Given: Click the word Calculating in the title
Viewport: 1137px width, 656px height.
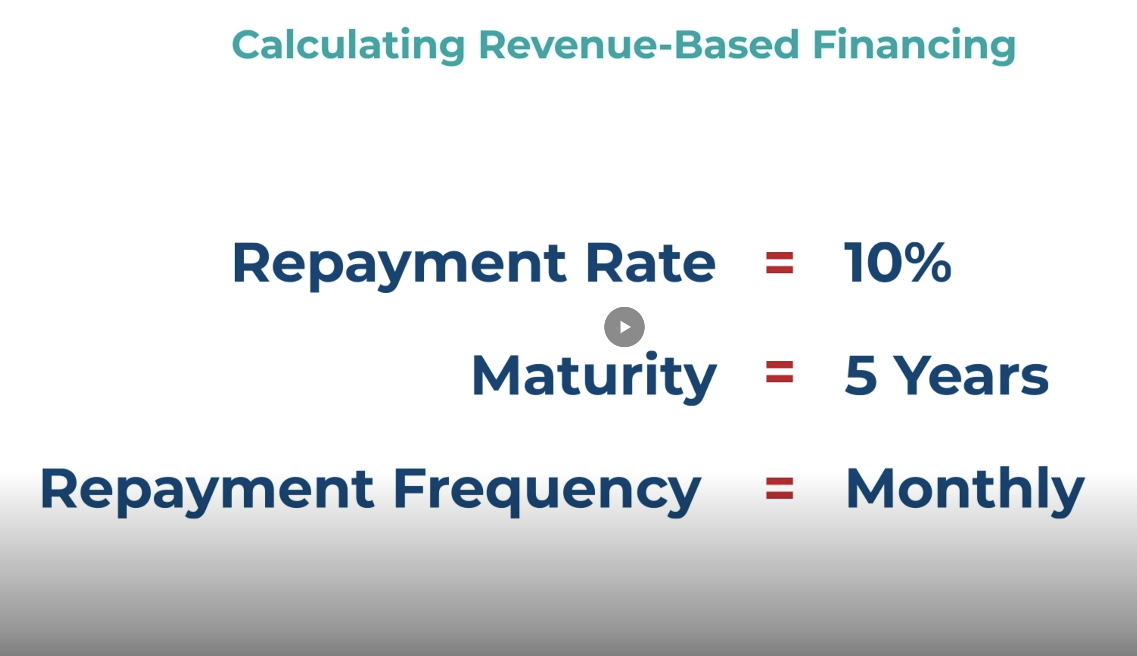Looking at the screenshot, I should (348, 45).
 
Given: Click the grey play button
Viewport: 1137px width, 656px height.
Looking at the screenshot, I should (624, 327).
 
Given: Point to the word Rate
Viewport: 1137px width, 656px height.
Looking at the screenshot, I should (651, 263).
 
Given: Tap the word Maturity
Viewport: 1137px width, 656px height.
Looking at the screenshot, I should (594, 376).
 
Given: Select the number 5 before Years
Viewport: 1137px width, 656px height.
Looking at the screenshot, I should (861, 376).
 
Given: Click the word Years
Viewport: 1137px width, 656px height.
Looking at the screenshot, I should (974, 376).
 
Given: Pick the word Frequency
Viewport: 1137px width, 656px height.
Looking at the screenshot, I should (547, 489).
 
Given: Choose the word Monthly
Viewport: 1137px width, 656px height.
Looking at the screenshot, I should (965, 489).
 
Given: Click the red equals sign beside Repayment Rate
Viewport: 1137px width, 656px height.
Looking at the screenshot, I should (779, 263).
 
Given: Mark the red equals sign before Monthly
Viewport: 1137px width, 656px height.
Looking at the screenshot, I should (779, 488).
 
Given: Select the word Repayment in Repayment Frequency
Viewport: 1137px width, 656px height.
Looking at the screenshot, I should (207, 489).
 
